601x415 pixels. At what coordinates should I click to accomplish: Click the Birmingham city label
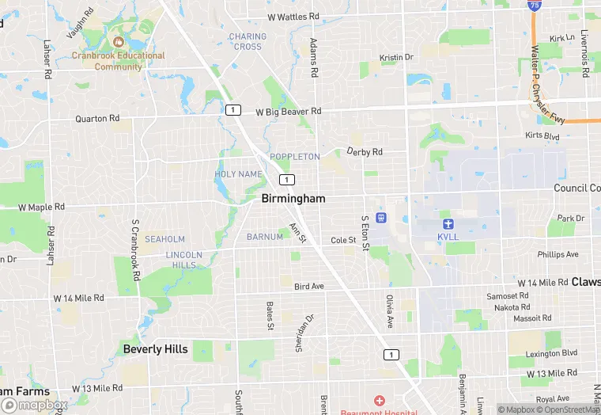[293, 199]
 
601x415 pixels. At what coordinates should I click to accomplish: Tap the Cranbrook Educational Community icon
[119, 41]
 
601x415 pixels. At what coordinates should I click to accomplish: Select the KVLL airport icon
[448, 224]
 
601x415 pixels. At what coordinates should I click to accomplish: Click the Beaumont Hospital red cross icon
[379, 402]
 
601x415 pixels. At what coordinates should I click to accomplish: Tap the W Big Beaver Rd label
[289, 112]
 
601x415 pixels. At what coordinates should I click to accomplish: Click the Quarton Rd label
[97, 118]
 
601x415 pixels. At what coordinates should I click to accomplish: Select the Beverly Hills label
[156, 348]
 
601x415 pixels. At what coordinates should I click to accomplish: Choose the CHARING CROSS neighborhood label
[247, 41]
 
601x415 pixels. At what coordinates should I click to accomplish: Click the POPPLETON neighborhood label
[295, 157]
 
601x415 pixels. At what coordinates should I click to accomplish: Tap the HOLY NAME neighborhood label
[238, 174]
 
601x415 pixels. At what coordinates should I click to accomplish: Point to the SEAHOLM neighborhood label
[164, 239]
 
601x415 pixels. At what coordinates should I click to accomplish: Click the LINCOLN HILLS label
[183, 260]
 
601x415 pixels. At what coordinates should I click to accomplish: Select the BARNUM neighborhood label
[265, 237]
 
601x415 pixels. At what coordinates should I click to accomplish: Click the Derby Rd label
[365, 151]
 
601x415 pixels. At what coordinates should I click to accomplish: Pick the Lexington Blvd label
[552, 352]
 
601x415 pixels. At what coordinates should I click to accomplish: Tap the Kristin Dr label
[397, 57]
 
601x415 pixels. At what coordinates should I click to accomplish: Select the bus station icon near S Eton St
[381, 217]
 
